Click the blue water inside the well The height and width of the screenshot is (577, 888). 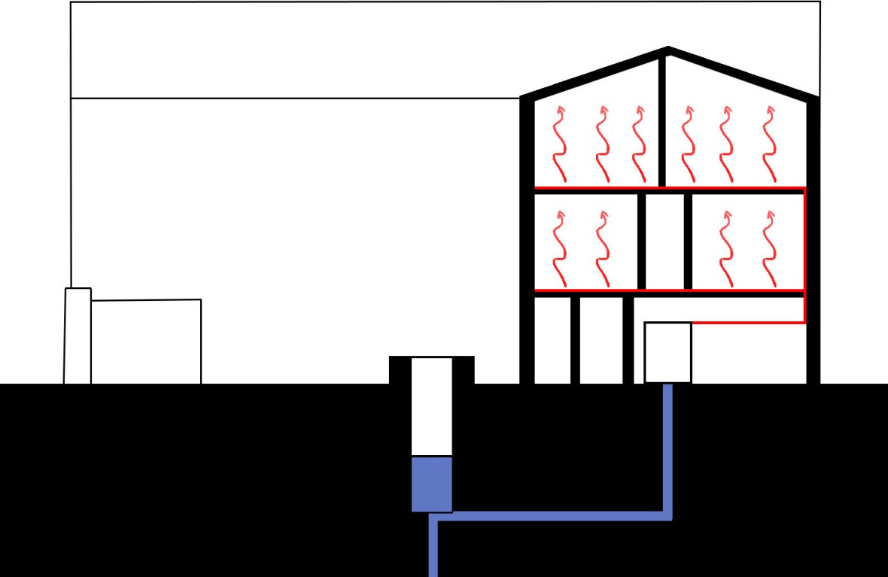(431, 484)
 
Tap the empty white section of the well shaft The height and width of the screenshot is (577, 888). (431, 406)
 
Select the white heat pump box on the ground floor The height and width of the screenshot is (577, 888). (668, 352)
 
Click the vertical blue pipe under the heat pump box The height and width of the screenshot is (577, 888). (667, 451)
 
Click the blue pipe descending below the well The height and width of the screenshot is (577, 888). (433, 549)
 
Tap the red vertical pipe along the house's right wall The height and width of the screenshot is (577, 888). (804, 256)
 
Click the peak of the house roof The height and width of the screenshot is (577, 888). (668, 50)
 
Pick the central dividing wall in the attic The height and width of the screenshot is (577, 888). (662, 120)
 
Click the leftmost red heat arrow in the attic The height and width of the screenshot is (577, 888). (559, 143)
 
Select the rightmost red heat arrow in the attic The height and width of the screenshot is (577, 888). (768, 143)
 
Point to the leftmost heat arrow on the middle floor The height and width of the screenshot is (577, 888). (559, 244)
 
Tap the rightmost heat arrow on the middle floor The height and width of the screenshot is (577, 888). (768, 244)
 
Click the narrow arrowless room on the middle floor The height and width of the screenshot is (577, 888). (664, 241)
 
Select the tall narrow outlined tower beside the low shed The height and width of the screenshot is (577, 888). (78, 336)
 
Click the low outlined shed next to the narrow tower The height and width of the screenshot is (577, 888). (145, 342)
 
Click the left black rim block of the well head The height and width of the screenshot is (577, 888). (400, 369)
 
